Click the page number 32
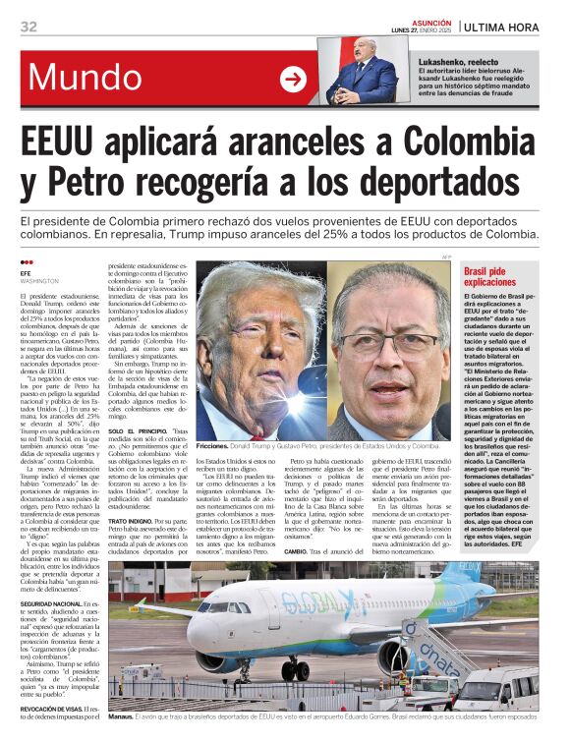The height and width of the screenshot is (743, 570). [28, 27]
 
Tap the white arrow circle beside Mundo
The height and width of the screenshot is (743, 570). [293, 80]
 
